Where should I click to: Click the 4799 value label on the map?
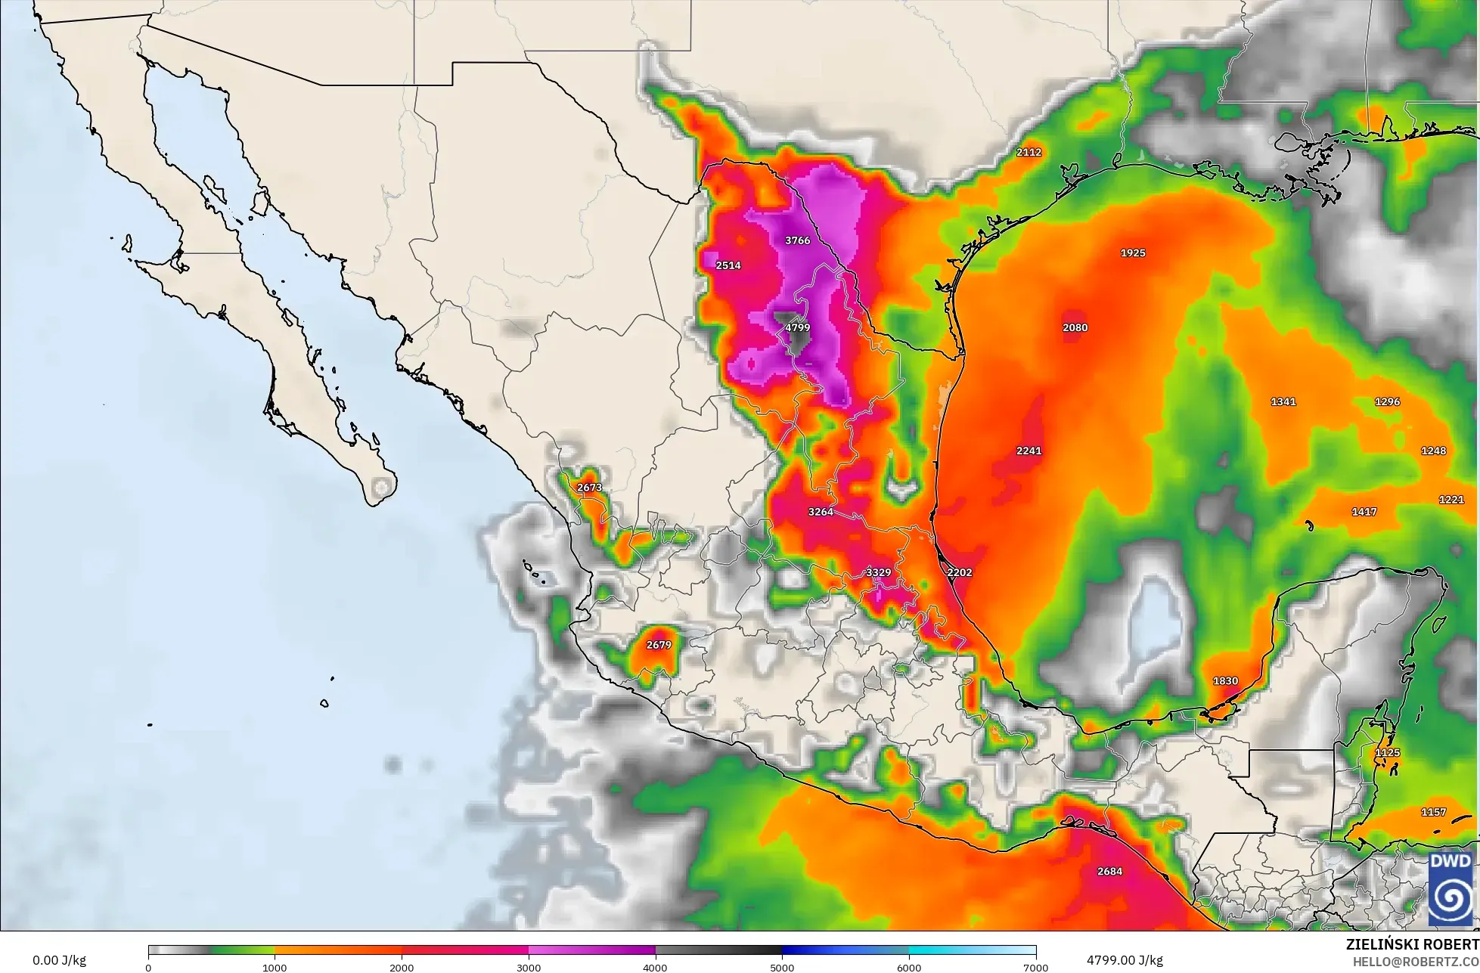point(797,328)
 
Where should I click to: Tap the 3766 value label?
point(797,240)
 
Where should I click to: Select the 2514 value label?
point(728,265)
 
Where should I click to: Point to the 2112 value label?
point(1029,152)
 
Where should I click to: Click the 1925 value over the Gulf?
point(1132,253)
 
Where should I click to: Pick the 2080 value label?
point(1075,327)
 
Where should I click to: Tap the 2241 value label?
point(1029,451)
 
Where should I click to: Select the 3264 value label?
point(821,512)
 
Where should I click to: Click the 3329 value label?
point(878,572)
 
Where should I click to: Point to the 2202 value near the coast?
point(959,572)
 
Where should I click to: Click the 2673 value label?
point(589,488)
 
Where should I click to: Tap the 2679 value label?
point(659,645)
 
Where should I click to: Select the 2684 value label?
point(1109,871)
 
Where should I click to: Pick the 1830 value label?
point(1225,680)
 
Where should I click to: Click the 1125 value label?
point(1387,753)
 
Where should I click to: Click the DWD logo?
point(1450,889)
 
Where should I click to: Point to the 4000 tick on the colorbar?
point(656,967)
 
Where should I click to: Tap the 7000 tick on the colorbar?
point(1035,967)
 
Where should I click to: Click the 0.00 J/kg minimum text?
point(59,960)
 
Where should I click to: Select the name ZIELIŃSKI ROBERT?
point(1413,944)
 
